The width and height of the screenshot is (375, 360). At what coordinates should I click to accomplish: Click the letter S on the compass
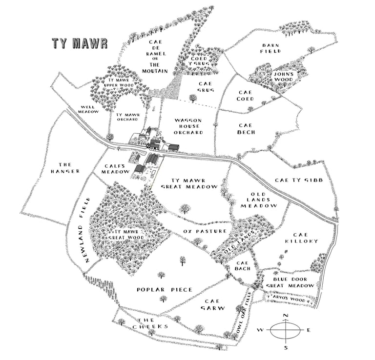286,347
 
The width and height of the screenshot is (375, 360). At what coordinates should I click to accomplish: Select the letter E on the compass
309,331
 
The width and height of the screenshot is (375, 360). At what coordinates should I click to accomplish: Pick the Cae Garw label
214,304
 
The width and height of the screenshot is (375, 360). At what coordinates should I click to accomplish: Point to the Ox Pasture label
205,231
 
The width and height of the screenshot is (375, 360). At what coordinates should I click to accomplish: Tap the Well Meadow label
89,109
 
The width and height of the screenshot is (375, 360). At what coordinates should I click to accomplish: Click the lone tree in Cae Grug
193,98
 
